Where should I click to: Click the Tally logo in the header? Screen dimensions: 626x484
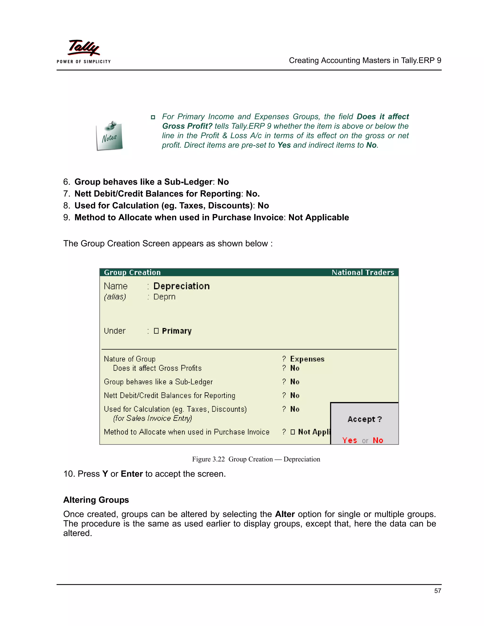point(84,47)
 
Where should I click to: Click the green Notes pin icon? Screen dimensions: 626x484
point(109,136)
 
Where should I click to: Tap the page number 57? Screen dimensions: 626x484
point(437,591)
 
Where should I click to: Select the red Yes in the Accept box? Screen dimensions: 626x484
point(350,440)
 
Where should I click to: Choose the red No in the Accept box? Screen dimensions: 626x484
point(378,440)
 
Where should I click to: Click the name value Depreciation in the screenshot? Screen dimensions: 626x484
point(181,286)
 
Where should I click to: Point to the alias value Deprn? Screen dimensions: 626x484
point(164,297)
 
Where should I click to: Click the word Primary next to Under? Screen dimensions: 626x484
point(177,331)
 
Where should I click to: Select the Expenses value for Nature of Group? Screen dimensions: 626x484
point(307,359)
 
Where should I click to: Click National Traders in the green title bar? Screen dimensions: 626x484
point(363,272)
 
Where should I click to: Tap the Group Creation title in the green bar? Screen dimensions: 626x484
point(132,272)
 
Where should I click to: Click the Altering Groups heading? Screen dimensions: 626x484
point(96,500)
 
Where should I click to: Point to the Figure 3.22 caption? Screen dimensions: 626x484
point(256,459)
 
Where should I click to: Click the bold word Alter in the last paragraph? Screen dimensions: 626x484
point(285,514)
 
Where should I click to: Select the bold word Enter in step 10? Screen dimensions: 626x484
point(132,474)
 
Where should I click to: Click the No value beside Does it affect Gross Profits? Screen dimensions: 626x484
point(295,368)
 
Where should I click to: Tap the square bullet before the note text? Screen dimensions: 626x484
point(153,117)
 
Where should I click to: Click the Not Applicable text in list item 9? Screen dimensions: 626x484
point(319,218)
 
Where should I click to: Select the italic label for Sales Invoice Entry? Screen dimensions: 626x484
point(152,419)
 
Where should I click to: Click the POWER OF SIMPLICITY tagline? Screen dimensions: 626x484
point(84,62)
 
